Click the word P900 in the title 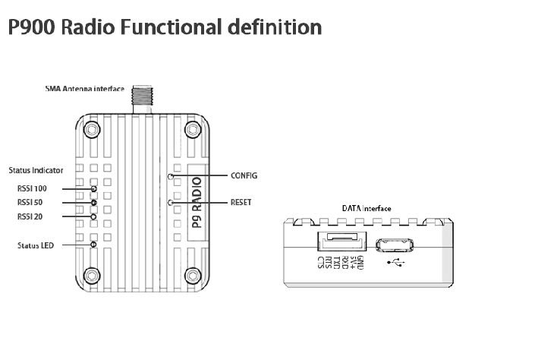click(32, 27)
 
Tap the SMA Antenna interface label click(85, 89)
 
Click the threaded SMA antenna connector click(143, 99)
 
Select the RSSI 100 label click(32, 188)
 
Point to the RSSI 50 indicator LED click(93, 203)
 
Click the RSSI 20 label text click(30, 216)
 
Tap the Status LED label click(36, 245)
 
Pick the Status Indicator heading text click(36, 170)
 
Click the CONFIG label click(244, 175)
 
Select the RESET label click(241, 202)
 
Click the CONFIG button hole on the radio click(171, 176)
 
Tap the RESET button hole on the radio click(171, 203)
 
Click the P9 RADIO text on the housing click(197, 202)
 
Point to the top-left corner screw click(92, 130)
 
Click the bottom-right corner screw click(193, 276)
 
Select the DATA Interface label click(367, 209)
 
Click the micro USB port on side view click(395, 245)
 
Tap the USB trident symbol click(396, 263)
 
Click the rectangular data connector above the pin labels click(342, 242)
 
